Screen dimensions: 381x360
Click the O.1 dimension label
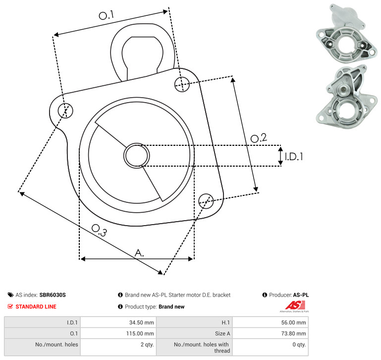point(106,15)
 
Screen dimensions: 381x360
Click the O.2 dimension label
point(259,138)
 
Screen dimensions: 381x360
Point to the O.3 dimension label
point(99,230)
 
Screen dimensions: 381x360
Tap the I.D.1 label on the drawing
point(294,157)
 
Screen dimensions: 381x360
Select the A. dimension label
point(139,253)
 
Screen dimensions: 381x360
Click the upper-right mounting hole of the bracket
point(182,84)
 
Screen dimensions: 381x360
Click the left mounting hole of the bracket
point(65,111)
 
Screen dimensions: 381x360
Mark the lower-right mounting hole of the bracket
point(206,201)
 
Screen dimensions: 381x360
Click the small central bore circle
point(137,156)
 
